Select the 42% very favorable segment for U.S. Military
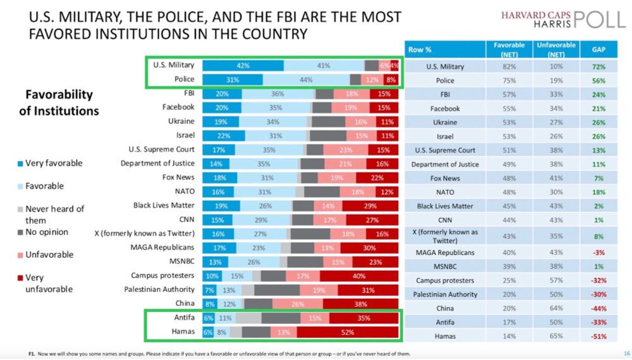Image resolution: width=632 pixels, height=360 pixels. (x=243, y=66)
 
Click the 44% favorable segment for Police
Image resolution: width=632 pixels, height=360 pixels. (x=307, y=80)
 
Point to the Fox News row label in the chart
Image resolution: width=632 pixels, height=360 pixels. (x=178, y=177)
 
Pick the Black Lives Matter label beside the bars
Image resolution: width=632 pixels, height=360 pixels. (x=164, y=205)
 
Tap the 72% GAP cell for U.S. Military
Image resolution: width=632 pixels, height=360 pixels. (x=598, y=66)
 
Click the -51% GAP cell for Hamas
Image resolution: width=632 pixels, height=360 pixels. (x=598, y=337)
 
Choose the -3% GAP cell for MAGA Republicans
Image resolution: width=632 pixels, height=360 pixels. (x=598, y=253)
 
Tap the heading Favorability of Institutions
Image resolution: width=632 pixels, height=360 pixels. (x=62, y=102)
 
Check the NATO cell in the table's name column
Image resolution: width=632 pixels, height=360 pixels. (x=445, y=192)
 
